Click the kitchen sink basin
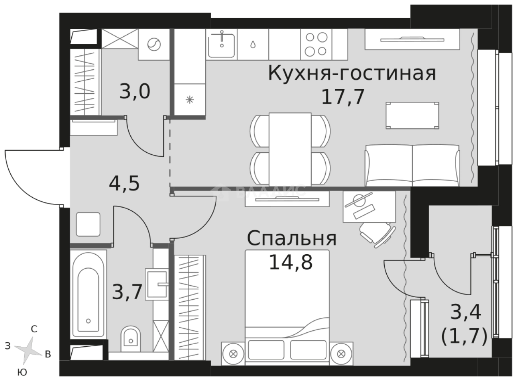tap(221, 45)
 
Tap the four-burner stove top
tap(316, 45)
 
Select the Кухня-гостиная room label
tap(352, 74)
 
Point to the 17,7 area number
tap(343, 97)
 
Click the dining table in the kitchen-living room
tap(290, 149)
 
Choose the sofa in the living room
tap(412, 165)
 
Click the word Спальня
tap(291, 238)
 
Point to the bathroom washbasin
tap(157, 283)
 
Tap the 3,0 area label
tap(134, 92)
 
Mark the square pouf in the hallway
tap(88, 224)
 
